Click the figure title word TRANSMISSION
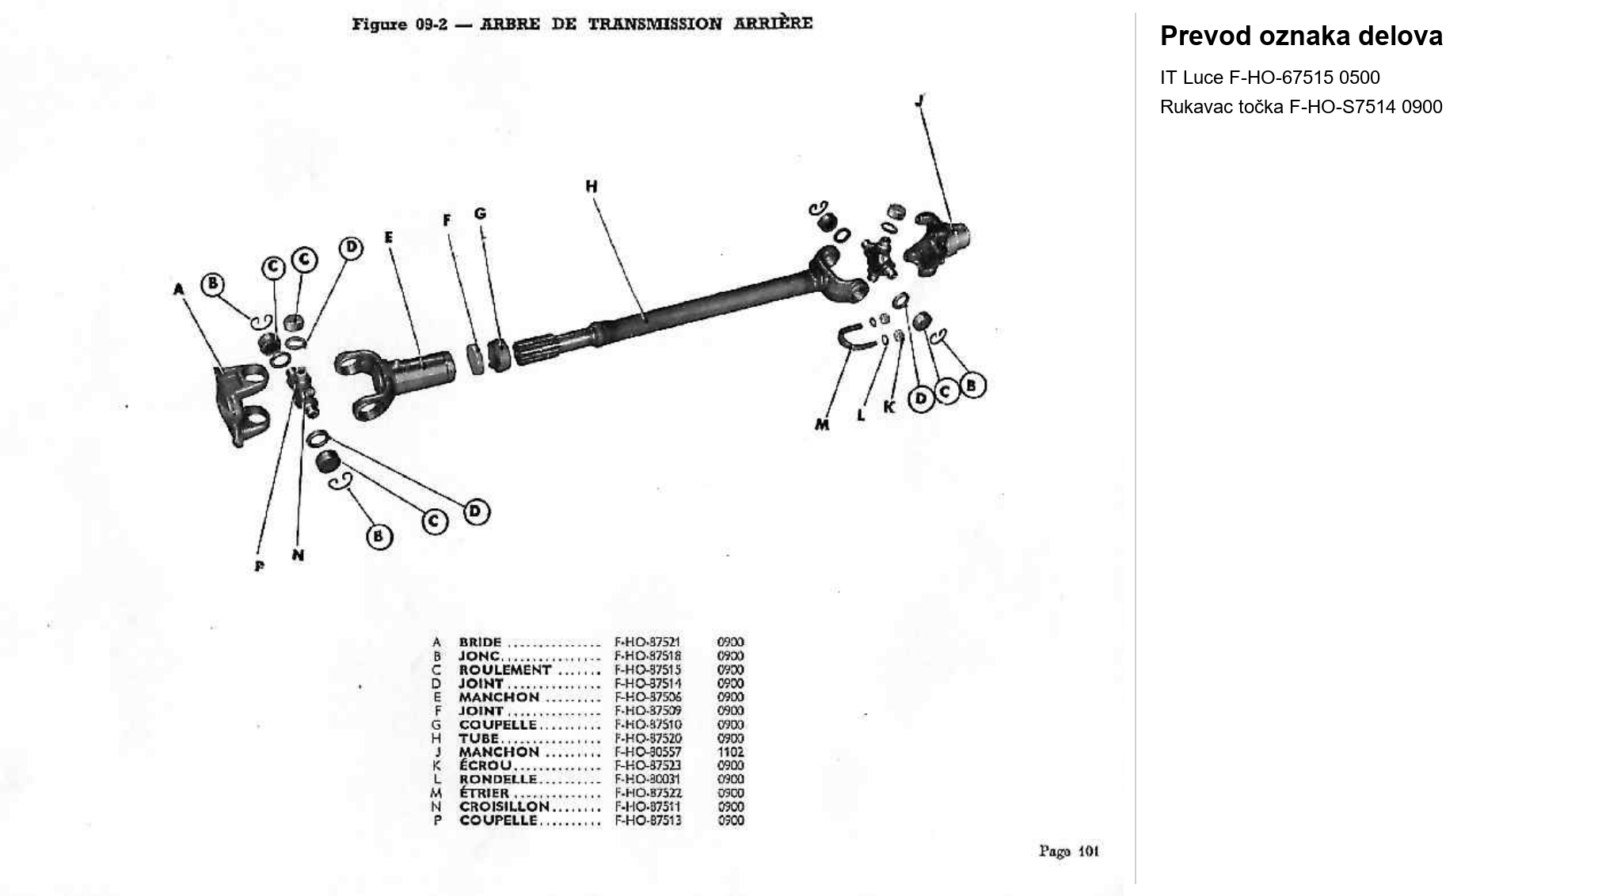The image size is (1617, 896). click(654, 24)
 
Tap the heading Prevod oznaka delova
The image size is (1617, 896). click(1300, 36)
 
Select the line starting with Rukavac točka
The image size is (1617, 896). click(1300, 107)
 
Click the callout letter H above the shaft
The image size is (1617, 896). click(592, 187)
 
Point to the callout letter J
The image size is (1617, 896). click(919, 101)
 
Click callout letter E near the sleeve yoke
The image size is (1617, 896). click(389, 237)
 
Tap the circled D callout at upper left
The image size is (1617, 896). click(351, 249)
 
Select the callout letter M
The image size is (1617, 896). click(822, 425)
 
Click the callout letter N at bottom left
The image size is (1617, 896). click(298, 555)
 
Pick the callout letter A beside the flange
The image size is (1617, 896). click(179, 290)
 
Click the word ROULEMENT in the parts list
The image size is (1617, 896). click(504, 670)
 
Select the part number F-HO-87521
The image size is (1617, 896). click(647, 643)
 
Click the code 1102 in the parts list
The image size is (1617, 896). click(730, 752)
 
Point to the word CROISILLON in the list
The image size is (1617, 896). click(504, 807)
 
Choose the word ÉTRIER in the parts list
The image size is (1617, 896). click(484, 793)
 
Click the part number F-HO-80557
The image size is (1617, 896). click(647, 752)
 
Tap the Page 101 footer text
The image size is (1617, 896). click(1068, 851)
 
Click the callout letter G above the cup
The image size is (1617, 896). click(480, 214)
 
